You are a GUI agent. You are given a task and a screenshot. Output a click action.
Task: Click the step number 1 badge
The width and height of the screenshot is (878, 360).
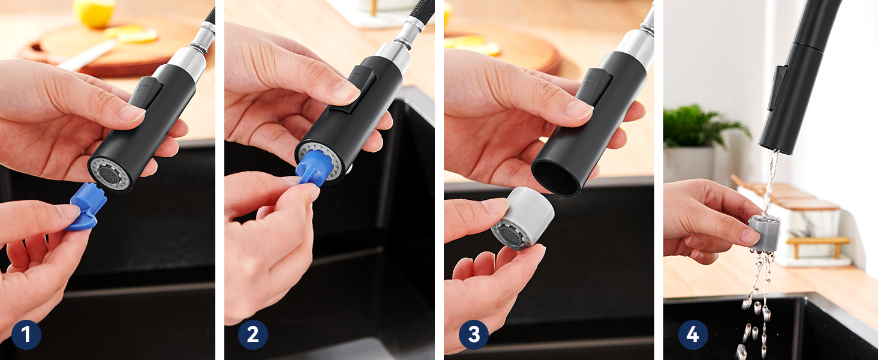coord(26,335)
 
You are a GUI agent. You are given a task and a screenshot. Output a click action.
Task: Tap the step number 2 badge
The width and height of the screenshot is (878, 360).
coord(253,335)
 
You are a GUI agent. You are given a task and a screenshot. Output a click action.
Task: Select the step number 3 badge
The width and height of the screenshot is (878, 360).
coord(474,335)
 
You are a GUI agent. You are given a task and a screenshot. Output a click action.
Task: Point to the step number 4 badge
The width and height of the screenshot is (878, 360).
coord(693,335)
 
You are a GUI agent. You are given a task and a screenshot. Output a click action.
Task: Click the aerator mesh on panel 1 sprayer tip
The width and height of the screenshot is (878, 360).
coord(110,174)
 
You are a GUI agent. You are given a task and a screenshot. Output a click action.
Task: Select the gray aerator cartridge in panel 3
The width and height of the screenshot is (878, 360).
coord(522,218)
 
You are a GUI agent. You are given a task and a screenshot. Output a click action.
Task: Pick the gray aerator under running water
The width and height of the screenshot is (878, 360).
coord(764,233)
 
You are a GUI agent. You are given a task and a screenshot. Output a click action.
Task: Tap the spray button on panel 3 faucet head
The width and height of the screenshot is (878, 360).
coord(594,87)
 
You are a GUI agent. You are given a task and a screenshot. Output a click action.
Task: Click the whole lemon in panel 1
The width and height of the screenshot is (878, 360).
coord(95,13)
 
